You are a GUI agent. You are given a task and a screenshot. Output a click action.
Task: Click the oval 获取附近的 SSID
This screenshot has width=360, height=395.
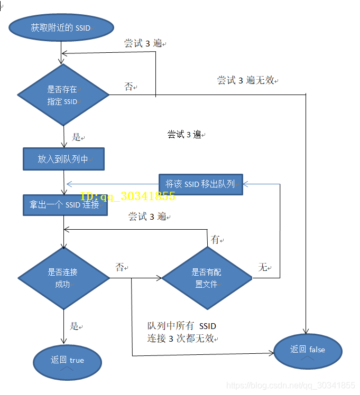(x=61, y=27)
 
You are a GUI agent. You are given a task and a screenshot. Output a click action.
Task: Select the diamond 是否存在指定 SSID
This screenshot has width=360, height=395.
(x=63, y=95)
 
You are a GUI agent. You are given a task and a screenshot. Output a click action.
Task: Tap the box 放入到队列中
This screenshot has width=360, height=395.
(x=63, y=159)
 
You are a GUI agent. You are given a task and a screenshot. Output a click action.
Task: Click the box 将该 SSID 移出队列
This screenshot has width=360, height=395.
(x=200, y=184)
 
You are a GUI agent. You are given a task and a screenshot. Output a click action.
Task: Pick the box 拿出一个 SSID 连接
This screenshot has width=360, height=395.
(x=65, y=205)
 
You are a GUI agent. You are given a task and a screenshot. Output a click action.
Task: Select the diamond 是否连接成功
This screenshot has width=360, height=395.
(x=63, y=278)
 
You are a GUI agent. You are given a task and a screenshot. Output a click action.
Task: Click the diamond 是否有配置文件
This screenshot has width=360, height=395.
(x=207, y=278)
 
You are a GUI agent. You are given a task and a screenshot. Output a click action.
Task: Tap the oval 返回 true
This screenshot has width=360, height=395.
(x=67, y=361)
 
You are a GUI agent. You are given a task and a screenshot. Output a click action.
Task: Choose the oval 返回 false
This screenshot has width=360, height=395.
(x=308, y=350)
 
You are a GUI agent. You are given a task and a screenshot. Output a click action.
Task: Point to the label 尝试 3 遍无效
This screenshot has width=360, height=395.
(x=246, y=80)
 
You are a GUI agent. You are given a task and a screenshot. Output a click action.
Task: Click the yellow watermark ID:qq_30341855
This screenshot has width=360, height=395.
(x=127, y=196)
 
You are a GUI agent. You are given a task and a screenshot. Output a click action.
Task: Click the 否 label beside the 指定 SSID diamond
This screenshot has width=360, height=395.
(x=128, y=87)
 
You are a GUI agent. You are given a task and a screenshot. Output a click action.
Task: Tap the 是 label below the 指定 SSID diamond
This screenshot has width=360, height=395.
(x=77, y=137)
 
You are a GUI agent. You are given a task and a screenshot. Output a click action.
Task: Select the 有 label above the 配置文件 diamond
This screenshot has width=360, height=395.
(x=215, y=240)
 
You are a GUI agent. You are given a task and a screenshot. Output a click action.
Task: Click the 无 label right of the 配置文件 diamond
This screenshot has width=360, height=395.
(x=263, y=268)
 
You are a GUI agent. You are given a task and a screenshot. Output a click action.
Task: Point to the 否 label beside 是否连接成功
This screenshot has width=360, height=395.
(x=120, y=267)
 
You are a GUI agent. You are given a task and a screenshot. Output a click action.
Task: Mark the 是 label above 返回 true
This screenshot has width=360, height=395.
(x=75, y=326)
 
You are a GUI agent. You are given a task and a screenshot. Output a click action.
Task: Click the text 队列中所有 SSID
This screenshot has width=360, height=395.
(x=181, y=326)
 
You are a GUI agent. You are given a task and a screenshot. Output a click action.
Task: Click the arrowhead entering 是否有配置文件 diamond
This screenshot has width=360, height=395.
(x=159, y=278)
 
